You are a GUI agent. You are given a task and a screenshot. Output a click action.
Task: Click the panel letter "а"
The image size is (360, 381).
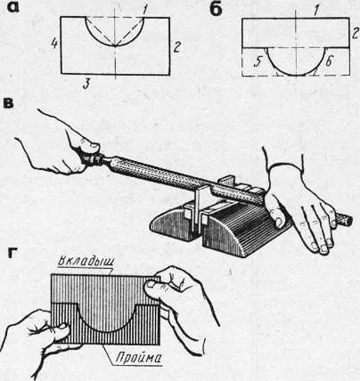(x=13, y=7)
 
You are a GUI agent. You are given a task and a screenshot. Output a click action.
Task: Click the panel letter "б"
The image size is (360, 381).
(x=216, y=9)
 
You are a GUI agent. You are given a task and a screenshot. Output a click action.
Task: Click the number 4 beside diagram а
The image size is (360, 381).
(x=53, y=45)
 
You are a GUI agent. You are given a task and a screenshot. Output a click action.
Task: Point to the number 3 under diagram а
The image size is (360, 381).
(x=86, y=85)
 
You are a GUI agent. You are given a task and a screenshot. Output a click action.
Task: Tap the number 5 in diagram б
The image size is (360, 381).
(x=258, y=62)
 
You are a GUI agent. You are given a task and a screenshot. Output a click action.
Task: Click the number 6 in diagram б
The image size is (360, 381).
(x=328, y=62)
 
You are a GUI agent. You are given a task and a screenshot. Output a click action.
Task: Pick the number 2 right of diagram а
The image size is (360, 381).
(x=176, y=47)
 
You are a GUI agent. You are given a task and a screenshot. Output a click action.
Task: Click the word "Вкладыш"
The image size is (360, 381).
(x=86, y=263)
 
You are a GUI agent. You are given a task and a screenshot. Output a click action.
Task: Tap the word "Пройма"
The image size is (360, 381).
(x=138, y=358)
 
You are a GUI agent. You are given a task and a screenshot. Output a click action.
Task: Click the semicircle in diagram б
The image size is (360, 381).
(x=296, y=75)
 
